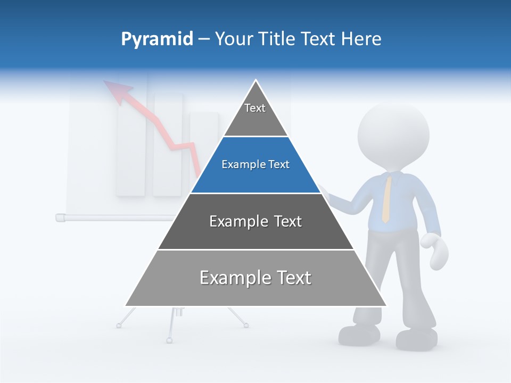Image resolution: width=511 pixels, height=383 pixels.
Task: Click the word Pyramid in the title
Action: pos(157,39)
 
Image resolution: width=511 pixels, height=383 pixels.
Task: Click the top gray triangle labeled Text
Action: pos(256,114)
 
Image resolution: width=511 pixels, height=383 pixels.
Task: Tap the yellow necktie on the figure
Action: pos(387,199)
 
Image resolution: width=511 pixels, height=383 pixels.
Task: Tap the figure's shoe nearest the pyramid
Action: pos(359,334)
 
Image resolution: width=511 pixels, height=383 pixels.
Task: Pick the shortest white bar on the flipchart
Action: pos(204,144)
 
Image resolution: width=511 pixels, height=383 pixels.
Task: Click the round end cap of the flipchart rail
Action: pos(59,217)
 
